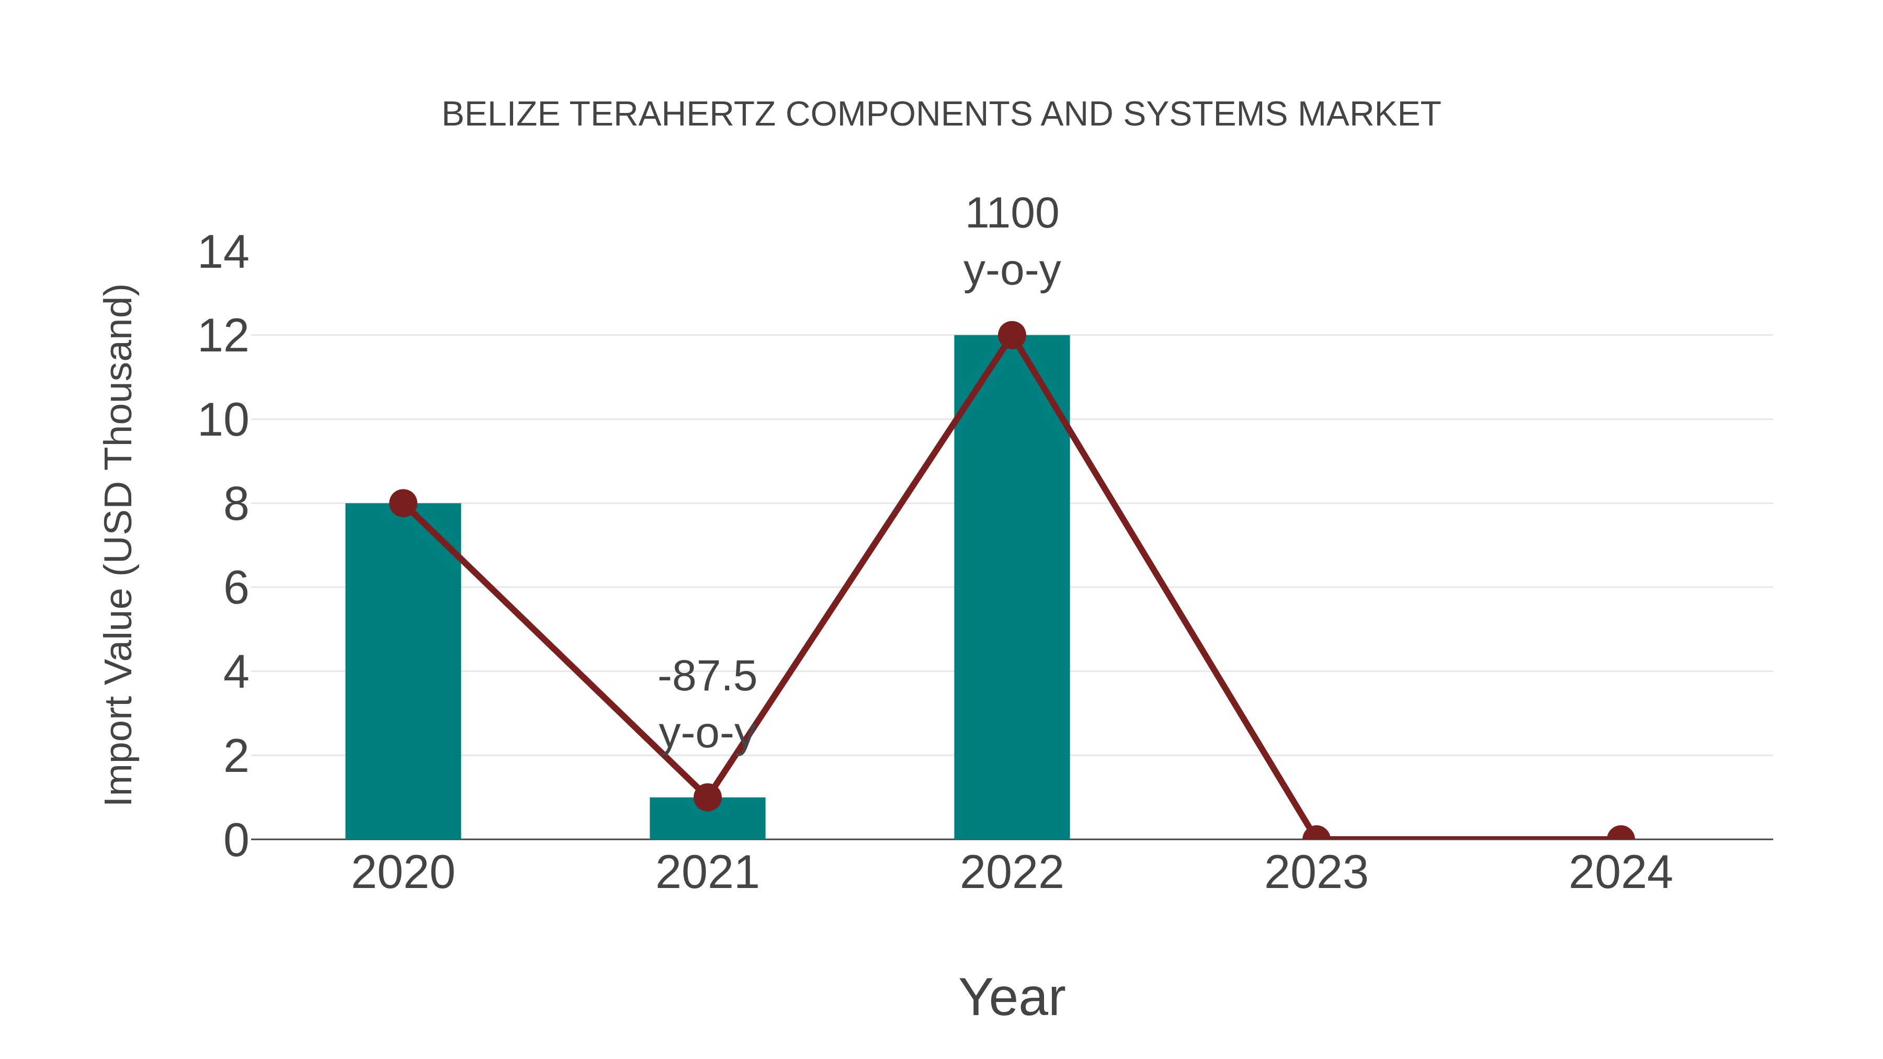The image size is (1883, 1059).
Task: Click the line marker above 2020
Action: tap(403, 503)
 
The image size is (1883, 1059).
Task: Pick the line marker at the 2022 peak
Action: tap(1011, 335)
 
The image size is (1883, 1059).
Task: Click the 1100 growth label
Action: tap(1012, 213)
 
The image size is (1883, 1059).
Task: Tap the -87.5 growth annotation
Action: tap(707, 676)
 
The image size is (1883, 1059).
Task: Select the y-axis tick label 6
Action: tap(236, 588)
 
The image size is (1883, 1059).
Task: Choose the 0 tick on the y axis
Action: tap(236, 840)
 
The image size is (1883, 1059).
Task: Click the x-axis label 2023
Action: tap(1316, 873)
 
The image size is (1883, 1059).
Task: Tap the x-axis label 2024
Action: tap(1620, 873)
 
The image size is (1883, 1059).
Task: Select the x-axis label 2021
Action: tap(707, 873)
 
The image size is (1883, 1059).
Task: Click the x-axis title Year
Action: tap(1012, 997)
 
